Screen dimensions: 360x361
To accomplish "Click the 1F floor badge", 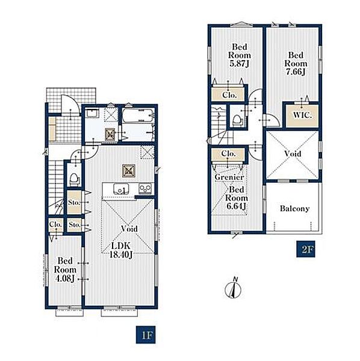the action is (145, 335).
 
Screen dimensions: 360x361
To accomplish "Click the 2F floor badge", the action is (306, 249).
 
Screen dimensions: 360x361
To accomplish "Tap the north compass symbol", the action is (233, 288).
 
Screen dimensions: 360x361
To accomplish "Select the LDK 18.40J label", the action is (121, 250).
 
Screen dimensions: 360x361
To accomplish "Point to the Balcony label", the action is (294, 209).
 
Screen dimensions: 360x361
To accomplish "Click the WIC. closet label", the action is (302, 115).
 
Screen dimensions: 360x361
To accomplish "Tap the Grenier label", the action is (229, 177).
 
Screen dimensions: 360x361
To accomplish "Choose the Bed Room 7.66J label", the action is (296, 64).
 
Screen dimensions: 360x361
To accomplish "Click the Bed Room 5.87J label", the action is (240, 55).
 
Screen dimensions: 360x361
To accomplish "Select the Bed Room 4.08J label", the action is (65, 270).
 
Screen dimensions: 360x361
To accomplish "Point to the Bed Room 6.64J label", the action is (237, 198).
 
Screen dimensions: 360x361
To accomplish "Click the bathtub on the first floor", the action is (138, 115).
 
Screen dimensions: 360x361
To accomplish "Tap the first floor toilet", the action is (74, 179).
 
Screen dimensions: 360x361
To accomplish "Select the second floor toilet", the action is (237, 120).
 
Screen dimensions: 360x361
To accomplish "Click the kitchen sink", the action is (121, 189).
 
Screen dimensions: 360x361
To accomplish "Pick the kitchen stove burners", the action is (145, 188).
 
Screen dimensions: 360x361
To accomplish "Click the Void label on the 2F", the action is (293, 153).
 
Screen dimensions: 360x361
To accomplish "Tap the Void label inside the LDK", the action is (129, 229).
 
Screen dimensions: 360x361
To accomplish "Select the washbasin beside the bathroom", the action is (92, 113).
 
